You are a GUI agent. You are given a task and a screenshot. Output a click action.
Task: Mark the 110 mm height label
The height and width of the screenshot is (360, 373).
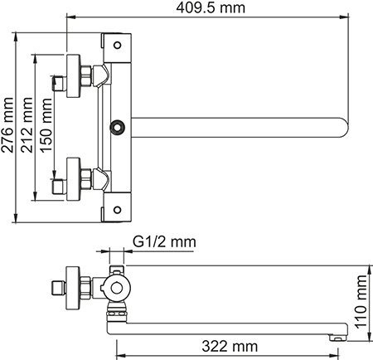point(361,304)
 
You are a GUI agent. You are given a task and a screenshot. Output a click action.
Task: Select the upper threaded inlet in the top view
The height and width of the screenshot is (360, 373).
point(58,81)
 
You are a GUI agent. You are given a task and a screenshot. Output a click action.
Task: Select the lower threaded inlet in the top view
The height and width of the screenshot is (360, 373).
point(58,177)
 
